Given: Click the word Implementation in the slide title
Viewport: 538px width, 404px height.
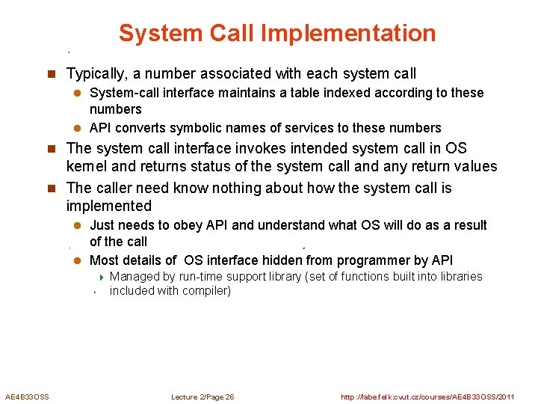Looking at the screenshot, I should [x=350, y=34].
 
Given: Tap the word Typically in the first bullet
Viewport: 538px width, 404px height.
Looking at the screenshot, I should [x=96, y=74].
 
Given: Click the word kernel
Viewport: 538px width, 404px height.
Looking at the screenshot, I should [x=85, y=166].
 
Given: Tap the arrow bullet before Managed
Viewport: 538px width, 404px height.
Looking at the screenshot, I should [x=101, y=277].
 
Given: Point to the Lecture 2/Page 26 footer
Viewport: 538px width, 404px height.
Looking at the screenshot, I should [x=202, y=397].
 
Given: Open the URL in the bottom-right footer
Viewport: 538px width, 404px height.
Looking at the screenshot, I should [x=427, y=397].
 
